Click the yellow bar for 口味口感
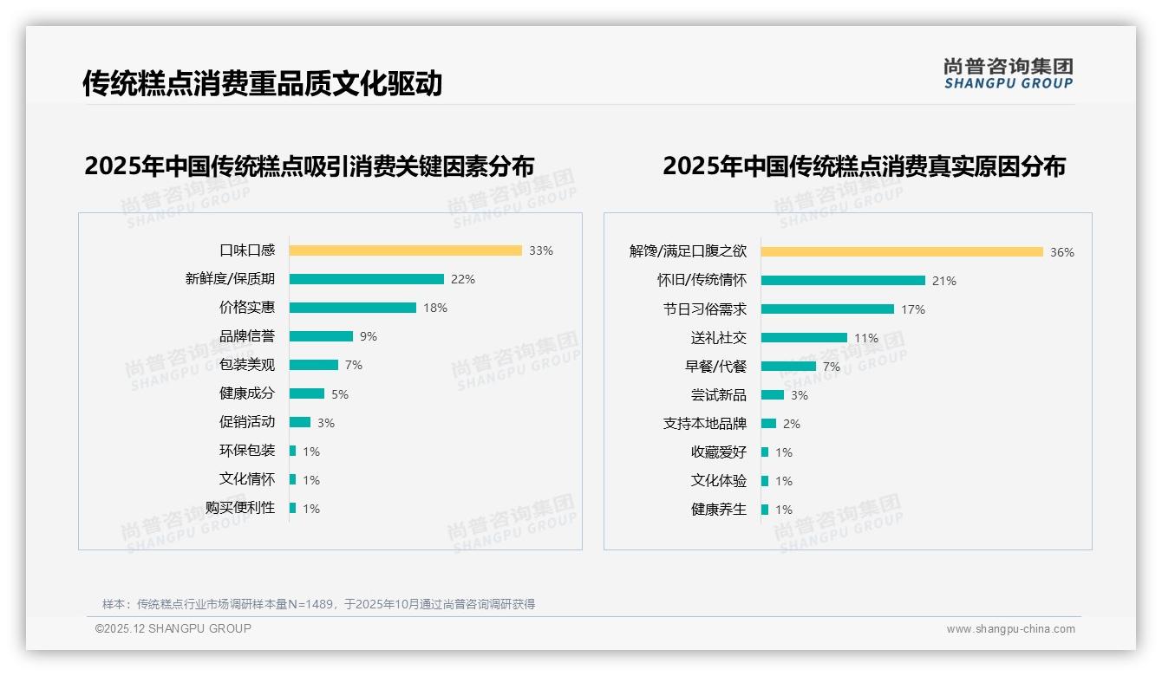tap(405, 250)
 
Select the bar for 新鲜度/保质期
tap(366, 279)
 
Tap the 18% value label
tap(435, 308)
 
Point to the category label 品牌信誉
tap(247, 336)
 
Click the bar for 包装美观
tap(313, 365)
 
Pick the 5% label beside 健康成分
tap(340, 394)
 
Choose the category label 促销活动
tap(247, 422)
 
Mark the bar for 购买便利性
tap(292, 508)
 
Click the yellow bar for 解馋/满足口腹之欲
tap(902, 252)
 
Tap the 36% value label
tap(1062, 252)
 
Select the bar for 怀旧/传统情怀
tap(843, 281)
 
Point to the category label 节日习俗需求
tap(705, 309)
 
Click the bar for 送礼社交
tap(804, 338)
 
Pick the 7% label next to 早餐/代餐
tap(832, 367)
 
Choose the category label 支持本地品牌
tap(705, 424)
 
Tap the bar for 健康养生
tap(765, 510)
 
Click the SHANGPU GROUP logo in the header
tap(1009, 74)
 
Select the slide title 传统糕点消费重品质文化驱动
tap(263, 83)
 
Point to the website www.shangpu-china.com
tap(1010, 629)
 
